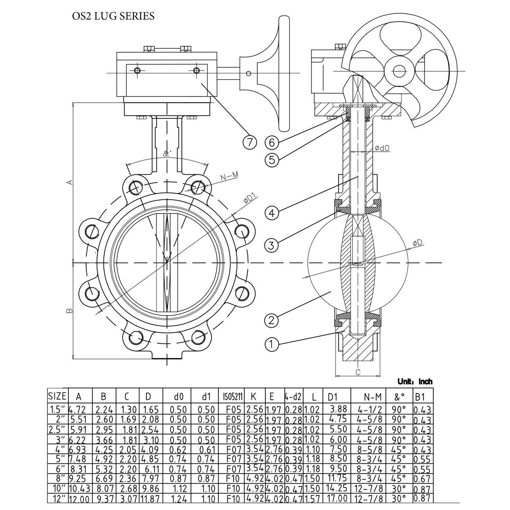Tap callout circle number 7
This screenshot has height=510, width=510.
click(x=250, y=142)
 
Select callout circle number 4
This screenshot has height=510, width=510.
click(x=272, y=213)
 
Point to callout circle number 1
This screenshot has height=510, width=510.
click(x=271, y=344)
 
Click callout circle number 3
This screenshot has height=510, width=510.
click(x=271, y=245)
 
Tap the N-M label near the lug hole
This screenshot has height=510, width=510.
click(x=229, y=178)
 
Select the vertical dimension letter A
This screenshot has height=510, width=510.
click(x=70, y=182)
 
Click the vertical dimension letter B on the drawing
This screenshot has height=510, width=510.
click(x=69, y=311)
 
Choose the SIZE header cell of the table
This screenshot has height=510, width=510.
click(x=57, y=396)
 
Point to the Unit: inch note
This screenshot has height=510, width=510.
click(x=415, y=382)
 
